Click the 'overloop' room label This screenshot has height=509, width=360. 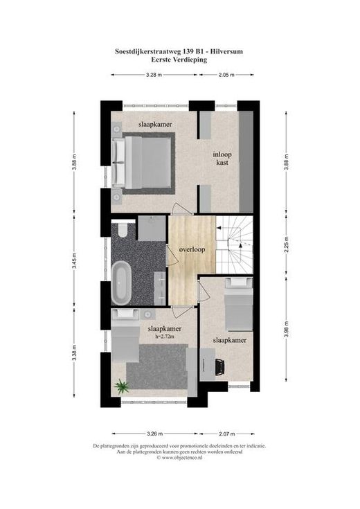pos(192,249)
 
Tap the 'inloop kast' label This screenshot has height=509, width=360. pos(222,159)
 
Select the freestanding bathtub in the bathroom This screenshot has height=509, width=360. pos(121,283)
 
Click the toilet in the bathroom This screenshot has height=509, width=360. pos(123,230)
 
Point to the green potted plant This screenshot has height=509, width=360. pos(121,386)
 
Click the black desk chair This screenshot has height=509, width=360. pos(219,367)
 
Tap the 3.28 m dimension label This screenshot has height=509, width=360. pos(154,75)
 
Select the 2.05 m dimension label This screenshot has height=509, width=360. pos(226,75)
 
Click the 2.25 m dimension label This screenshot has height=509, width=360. pos(286,244)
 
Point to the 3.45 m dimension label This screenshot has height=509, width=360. pos(74,261)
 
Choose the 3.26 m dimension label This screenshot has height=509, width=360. pos(155,434)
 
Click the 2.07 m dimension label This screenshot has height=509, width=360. pos(227,434)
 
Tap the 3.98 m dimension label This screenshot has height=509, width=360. pos(286,330)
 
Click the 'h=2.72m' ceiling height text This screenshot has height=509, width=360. pos(165,337)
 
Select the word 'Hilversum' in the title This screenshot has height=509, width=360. pos(226,51)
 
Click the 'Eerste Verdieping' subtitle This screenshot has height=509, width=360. pos(179,60)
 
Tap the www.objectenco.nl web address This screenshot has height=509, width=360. pos(182,457)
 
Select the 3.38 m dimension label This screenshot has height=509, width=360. pos(74,353)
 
